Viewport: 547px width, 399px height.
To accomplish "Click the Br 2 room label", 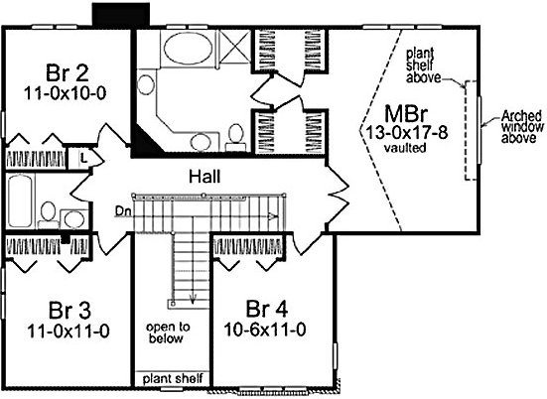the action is pos(67,72).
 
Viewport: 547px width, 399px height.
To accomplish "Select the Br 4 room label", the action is pos(267,309).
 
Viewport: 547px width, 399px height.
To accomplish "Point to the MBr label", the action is pos(406,113).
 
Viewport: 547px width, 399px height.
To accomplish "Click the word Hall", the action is pos(205,176).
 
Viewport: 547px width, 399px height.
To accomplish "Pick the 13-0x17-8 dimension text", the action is pos(407,132).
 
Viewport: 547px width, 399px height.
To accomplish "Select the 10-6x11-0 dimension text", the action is pos(265,330).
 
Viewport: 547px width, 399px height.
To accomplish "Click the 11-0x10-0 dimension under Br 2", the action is pos(65,93).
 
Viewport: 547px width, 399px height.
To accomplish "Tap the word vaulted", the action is pos(405,148).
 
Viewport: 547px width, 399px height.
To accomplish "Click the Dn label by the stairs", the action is pos(122,211).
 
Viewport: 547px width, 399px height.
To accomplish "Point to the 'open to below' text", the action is pos(168,332).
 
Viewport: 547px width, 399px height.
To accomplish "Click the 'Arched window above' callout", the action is pos(522,127).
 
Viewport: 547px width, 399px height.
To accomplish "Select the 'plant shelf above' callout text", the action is pos(423,66).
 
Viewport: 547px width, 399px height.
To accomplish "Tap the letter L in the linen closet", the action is pos(83,158).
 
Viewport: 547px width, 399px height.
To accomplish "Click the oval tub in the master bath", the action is pos(188,49).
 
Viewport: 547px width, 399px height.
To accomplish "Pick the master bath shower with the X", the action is pos(234,46).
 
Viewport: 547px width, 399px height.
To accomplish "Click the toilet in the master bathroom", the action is pos(236,137).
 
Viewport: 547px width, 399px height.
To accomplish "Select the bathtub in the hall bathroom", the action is pos(20,200).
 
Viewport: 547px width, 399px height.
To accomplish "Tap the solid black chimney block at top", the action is pos(121,14).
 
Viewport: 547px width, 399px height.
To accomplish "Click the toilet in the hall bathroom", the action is pos(48,214).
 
